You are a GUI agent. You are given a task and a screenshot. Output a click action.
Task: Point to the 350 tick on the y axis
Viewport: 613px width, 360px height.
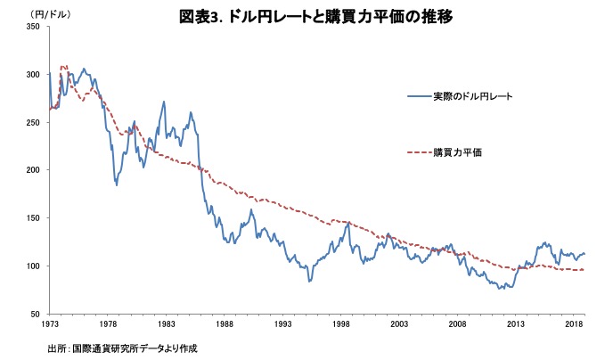click(x=34, y=27)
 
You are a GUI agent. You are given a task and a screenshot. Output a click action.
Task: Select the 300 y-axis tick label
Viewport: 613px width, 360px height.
click(x=34, y=75)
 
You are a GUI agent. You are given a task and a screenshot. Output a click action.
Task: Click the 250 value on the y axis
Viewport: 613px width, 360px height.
click(x=34, y=122)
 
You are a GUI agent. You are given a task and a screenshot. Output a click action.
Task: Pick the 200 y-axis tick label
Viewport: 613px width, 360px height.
click(x=34, y=170)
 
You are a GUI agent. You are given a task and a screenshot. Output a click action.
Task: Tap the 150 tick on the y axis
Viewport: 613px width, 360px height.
click(x=34, y=218)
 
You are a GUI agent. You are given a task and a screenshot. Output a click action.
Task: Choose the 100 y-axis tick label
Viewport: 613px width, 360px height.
click(x=34, y=266)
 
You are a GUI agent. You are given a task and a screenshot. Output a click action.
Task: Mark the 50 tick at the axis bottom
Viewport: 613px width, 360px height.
click(x=37, y=314)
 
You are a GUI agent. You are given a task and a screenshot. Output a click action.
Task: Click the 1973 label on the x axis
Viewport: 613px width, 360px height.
click(x=50, y=325)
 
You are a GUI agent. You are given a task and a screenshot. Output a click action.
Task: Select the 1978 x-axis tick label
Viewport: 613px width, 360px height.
click(x=109, y=325)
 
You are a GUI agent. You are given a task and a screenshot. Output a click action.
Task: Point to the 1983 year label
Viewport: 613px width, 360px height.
click(x=167, y=325)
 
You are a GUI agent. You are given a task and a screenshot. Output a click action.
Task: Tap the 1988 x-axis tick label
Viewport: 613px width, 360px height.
click(x=225, y=325)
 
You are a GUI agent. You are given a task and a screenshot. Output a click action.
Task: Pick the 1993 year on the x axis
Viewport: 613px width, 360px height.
click(x=282, y=325)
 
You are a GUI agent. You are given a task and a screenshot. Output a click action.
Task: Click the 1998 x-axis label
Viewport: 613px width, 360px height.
click(x=341, y=325)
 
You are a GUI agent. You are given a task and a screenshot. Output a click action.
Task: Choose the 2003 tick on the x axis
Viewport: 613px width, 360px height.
click(x=399, y=325)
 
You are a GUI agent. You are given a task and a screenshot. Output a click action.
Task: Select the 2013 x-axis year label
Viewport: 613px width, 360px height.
click(x=515, y=325)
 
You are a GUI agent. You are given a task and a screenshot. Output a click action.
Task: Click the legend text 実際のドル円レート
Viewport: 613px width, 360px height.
click(x=473, y=95)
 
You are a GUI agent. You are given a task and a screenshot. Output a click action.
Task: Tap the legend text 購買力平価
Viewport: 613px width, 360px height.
click(x=457, y=152)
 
